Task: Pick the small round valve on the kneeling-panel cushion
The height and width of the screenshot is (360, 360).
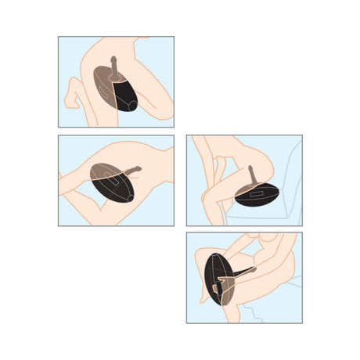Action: [x=131, y=105]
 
